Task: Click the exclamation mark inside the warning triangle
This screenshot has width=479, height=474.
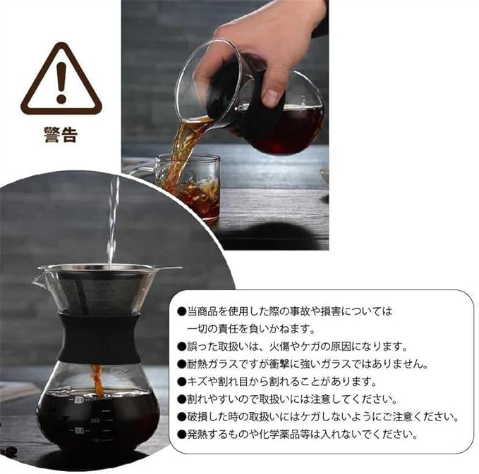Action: (x=61, y=82)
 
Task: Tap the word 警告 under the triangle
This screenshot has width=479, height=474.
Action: (x=61, y=135)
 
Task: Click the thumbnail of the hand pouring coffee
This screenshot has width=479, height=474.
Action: (x=225, y=125)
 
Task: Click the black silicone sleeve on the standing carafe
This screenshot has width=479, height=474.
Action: (x=100, y=338)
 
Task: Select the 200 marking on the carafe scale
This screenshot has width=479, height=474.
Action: (x=95, y=420)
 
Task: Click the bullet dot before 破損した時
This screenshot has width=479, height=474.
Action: (x=182, y=417)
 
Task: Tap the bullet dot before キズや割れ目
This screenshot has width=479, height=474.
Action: (x=182, y=382)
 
